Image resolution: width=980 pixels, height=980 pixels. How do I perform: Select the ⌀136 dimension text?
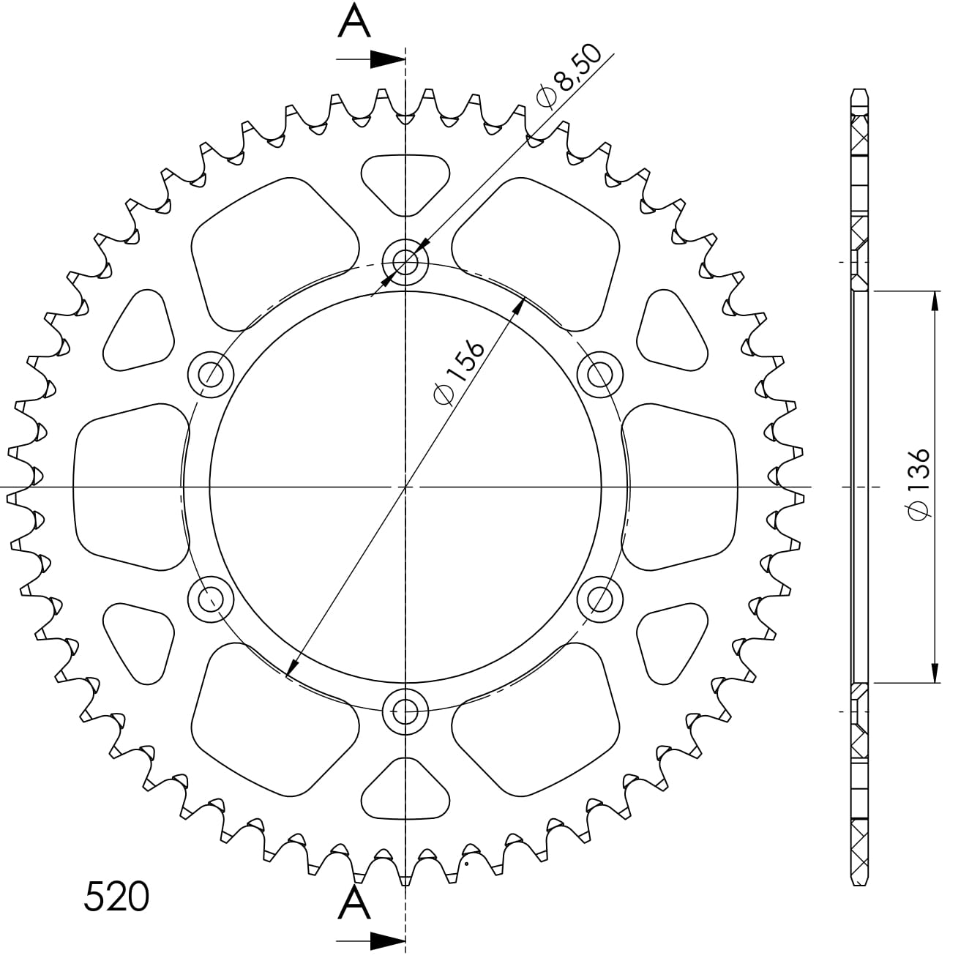[919, 485]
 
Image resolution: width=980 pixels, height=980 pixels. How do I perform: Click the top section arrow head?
[387, 59]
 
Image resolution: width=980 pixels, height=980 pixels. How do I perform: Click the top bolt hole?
[405, 263]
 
